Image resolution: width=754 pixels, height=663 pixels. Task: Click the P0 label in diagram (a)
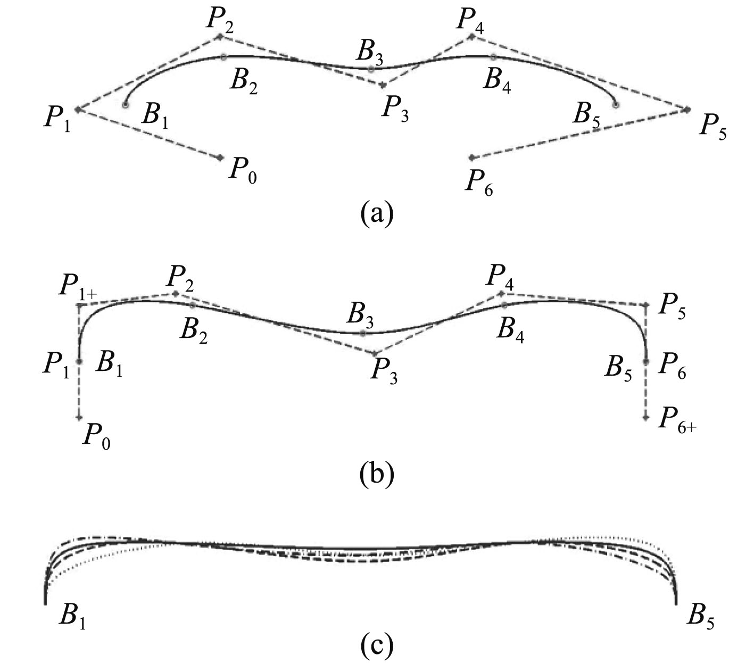point(243,171)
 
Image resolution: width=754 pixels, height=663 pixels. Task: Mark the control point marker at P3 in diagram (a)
point(383,85)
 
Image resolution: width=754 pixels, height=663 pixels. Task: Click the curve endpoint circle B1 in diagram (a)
point(126,105)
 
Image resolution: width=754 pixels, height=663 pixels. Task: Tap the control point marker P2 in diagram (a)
point(220,36)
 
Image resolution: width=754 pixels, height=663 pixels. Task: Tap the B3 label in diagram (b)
point(360,315)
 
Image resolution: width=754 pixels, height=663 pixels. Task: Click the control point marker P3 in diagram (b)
point(375,353)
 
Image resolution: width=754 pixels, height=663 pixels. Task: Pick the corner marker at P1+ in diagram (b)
point(79,305)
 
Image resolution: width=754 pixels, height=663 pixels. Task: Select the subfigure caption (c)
point(376,645)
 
